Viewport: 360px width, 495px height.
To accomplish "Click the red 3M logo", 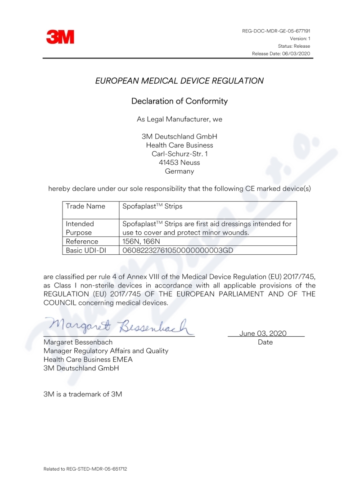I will click(60, 37).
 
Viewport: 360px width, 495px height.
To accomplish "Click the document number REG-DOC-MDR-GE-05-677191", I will click(276, 31).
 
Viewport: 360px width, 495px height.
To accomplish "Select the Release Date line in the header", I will click(281, 54).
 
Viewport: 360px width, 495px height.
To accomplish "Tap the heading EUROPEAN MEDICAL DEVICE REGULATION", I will click(179, 81).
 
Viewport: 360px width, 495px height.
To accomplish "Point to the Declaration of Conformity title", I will click(179, 101).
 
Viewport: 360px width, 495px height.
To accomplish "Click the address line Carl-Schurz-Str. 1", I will click(179, 154).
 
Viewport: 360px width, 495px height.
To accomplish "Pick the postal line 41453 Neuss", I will click(179, 162).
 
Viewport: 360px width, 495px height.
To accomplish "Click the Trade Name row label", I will click(85, 206).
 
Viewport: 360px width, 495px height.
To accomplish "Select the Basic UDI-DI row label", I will click(86, 250).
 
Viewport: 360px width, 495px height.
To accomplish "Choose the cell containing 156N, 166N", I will click(141, 242).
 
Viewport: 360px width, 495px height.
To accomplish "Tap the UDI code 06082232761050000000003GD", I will click(177, 250).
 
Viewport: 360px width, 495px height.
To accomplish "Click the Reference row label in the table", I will click(82, 242).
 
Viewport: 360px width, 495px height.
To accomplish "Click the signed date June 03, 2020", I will click(263, 333).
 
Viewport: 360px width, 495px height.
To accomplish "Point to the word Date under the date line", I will click(265, 342).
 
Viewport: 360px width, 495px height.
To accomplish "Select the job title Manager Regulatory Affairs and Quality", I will click(106, 351).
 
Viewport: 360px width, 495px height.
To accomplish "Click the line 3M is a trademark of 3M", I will click(82, 394).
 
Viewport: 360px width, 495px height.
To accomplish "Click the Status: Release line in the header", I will click(294, 46).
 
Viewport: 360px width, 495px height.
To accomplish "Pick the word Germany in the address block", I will click(179, 171).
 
